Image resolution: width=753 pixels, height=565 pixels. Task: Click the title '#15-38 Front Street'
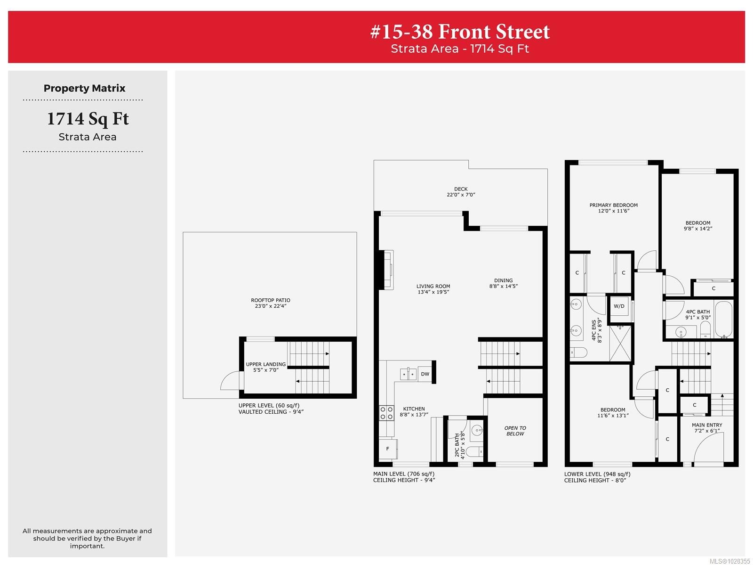(460, 32)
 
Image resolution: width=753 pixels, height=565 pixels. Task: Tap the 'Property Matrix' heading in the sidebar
(85, 88)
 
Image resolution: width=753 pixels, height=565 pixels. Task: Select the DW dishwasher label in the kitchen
(425, 374)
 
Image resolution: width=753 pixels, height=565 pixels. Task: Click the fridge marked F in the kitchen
(388, 449)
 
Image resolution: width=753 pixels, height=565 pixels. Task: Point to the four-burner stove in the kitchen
(386, 413)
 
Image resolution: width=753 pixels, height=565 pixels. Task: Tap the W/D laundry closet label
(619, 306)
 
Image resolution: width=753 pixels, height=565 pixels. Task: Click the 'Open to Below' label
(515, 431)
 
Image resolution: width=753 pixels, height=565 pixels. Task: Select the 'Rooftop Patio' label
(270, 303)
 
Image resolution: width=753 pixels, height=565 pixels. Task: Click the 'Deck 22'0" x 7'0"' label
(461, 192)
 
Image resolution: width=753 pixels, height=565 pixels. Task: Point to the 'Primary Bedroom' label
(613, 208)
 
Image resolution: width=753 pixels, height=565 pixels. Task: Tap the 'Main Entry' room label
(707, 427)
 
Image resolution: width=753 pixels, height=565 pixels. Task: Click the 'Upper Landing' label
(265, 367)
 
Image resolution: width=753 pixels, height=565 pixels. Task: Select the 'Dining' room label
(503, 283)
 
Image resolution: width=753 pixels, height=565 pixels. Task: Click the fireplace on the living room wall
(388, 270)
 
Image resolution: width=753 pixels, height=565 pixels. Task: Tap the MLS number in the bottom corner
(729, 561)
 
